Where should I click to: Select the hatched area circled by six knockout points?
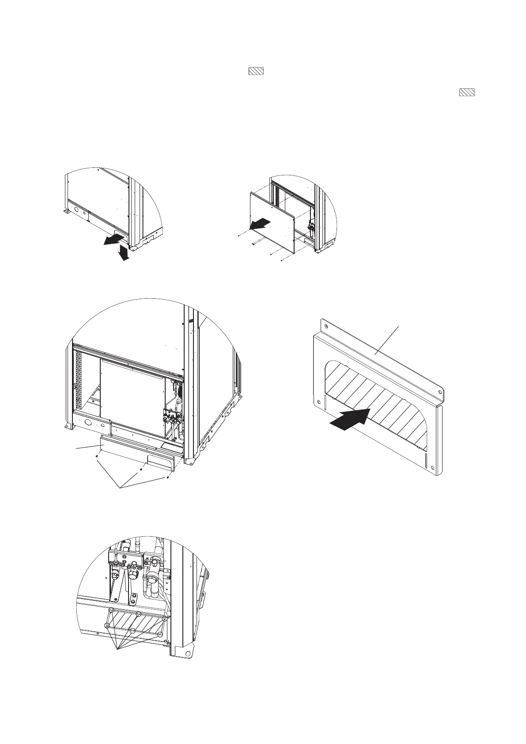(x=135, y=623)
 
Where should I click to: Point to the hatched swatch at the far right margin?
(x=467, y=92)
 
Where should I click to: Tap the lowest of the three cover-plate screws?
(x=168, y=478)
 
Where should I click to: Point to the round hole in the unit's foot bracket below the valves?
(x=189, y=653)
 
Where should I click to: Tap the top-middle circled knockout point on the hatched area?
(x=139, y=614)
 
